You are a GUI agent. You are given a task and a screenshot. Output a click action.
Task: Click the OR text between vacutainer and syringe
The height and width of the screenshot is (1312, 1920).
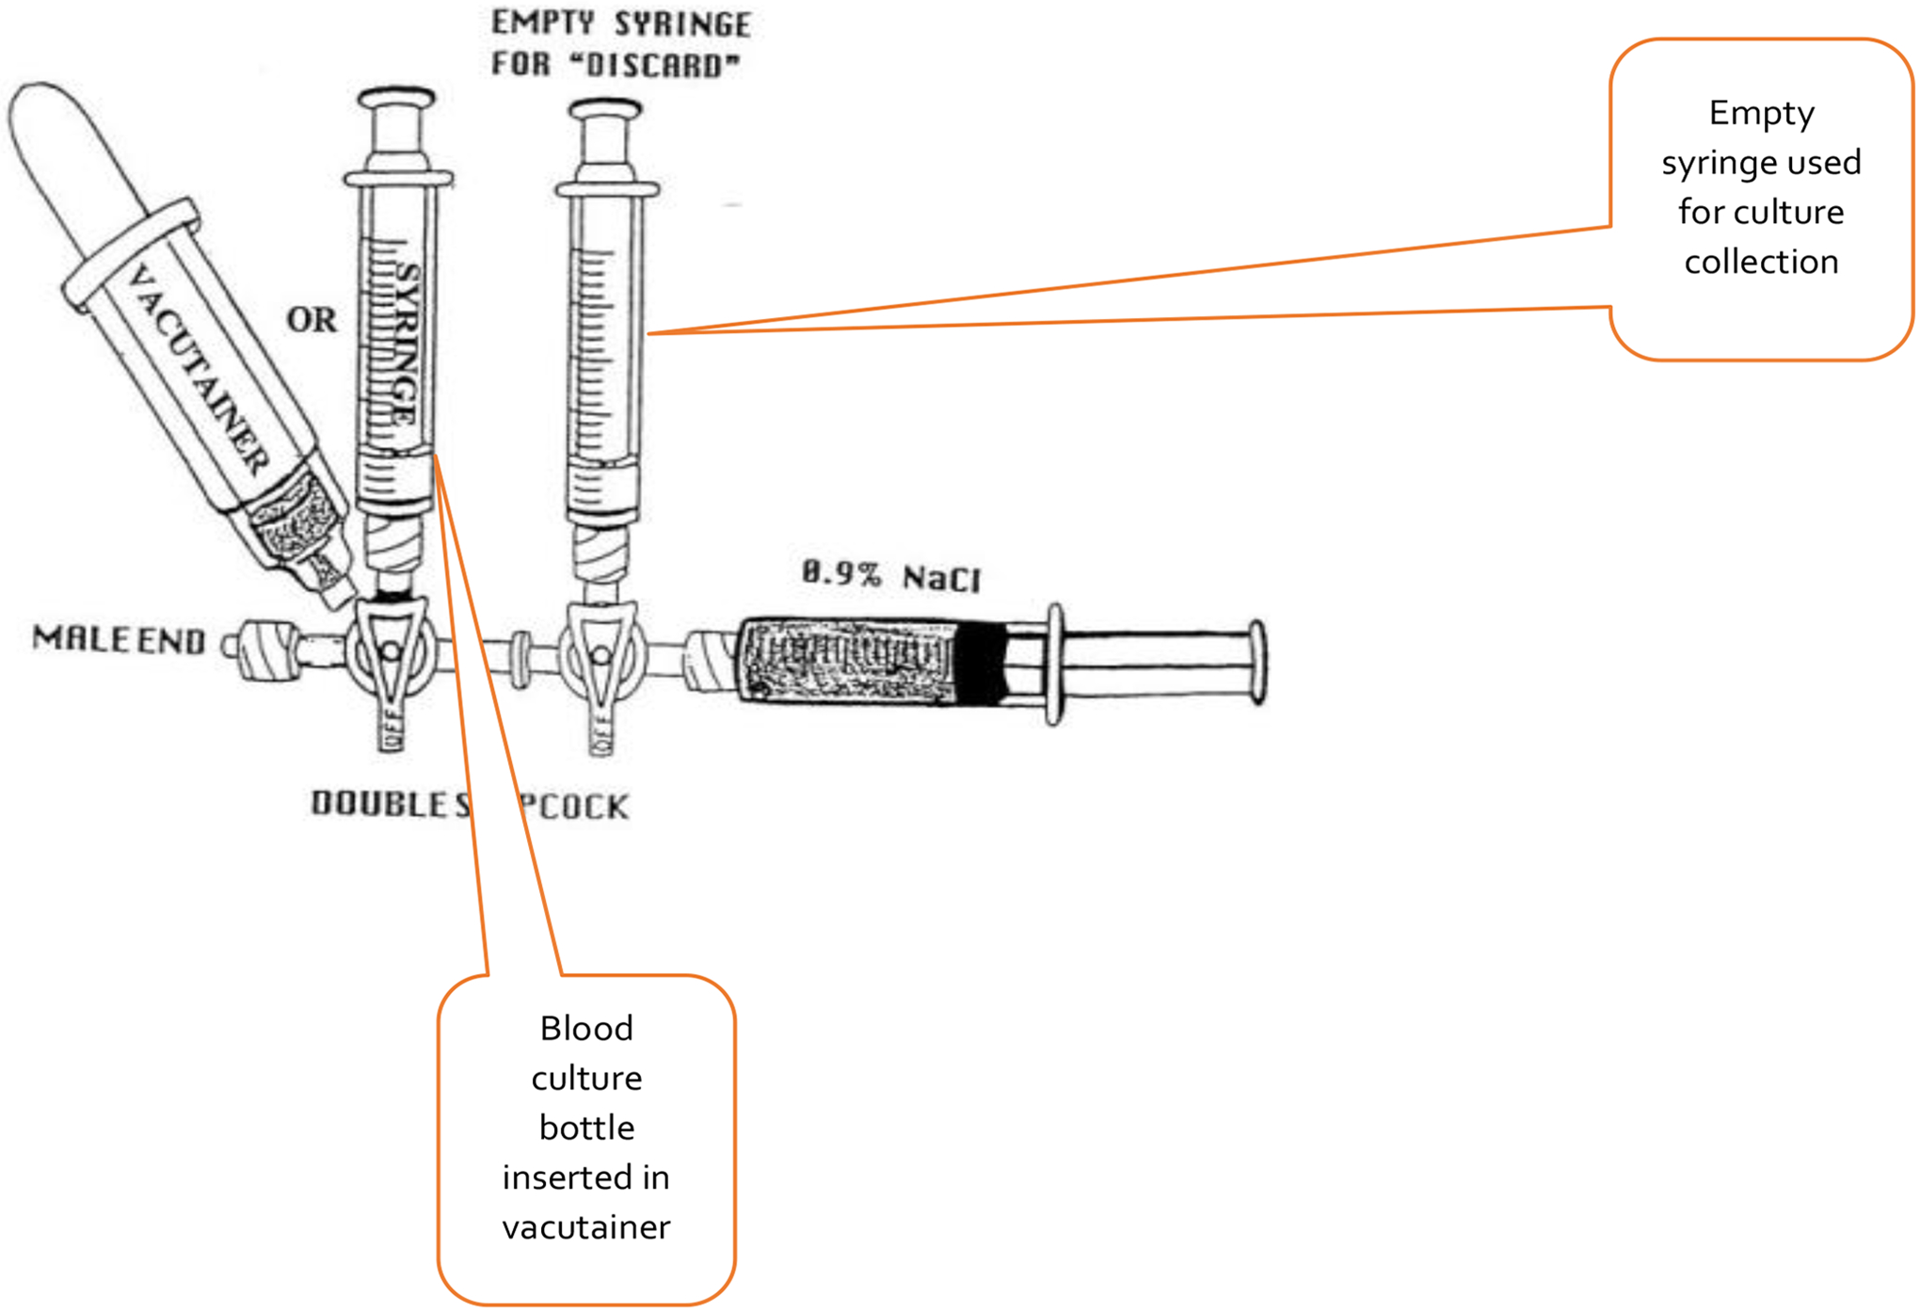tap(312, 320)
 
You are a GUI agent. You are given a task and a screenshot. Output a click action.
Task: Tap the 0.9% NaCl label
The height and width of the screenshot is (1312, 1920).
tap(890, 575)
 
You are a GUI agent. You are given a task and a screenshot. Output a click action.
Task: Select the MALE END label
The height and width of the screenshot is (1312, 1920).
tap(119, 640)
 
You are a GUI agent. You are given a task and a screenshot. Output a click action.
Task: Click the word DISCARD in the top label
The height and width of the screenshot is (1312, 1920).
tap(661, 66)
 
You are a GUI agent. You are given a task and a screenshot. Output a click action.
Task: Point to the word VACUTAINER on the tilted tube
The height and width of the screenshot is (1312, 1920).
tap(198, 369)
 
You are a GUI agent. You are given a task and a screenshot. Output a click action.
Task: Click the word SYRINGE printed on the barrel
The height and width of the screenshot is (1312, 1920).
tap(407, 344)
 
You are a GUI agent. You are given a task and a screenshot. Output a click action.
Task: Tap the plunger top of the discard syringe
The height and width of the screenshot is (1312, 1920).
tap(605, 111)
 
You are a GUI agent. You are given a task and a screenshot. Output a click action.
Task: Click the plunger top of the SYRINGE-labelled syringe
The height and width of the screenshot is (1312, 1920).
tap(396, 98)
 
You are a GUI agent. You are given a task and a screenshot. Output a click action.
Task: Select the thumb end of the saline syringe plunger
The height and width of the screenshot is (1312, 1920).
tap(1257, 662)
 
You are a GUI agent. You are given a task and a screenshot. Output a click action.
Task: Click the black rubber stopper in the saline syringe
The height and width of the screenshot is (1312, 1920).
tap(979, 663)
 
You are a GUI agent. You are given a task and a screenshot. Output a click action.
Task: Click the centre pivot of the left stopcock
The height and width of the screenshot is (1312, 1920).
tap(391, 651)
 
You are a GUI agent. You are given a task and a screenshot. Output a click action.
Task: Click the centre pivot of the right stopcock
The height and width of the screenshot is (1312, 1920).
tap(600, 655)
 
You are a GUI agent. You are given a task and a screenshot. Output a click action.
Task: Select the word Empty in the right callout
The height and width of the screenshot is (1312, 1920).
tap(1761, 113)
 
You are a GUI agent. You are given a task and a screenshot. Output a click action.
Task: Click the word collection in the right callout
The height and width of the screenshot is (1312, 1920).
tap(1761, 262)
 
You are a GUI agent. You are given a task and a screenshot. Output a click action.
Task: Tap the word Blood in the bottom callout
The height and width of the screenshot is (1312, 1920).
tap(586, 1029)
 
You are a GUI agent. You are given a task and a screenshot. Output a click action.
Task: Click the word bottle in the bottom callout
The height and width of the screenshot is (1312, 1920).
tap(586, 1128)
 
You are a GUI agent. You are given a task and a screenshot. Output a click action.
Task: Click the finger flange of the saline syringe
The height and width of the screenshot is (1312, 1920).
tap(1055, 664)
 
